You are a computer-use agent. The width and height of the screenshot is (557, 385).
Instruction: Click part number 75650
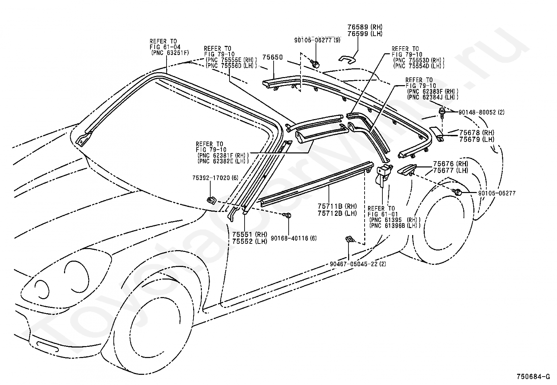[273, 57]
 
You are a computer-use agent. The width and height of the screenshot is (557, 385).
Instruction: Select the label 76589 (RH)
[365, 27]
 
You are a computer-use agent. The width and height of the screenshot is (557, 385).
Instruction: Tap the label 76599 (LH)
[365, 34]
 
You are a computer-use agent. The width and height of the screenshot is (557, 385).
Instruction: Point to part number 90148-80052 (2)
[482, 112]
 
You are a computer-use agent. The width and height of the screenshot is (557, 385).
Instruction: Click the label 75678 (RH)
[477, 132]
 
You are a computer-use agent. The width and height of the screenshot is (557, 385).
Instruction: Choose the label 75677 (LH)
[451, 170]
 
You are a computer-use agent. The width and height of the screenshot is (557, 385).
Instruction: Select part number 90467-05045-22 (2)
[358, 264]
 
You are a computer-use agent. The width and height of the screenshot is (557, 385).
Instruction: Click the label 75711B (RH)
[337, 206]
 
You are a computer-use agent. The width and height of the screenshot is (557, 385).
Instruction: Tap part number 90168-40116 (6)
[294, 238]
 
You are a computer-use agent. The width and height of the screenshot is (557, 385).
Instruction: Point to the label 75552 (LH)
[250, 241]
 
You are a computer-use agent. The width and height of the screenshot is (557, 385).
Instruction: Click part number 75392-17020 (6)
[215, 178]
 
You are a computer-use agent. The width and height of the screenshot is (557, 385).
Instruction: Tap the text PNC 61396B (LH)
[395, 226]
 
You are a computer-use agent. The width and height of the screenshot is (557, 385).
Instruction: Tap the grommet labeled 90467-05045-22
[350, 239]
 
